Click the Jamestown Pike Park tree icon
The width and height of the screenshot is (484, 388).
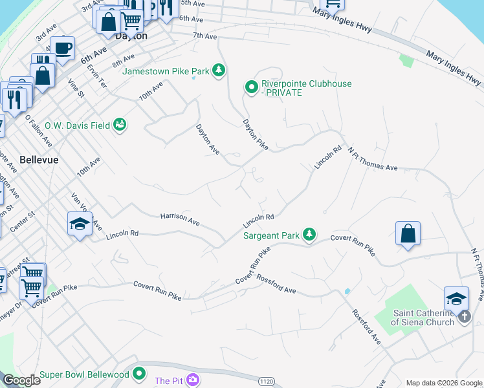pos(219,70)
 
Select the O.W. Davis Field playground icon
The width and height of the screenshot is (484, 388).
pos(120,124)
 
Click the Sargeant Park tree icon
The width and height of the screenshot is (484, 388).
pos(310,234)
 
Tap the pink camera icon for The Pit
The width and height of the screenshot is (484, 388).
pos(192,380)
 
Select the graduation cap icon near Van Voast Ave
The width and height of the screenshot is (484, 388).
pos(80,224)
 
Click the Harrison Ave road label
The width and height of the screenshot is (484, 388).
pos(180,219)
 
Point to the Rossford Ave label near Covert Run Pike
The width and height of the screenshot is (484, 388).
pos(276,284)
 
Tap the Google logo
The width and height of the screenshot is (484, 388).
pos(22,380)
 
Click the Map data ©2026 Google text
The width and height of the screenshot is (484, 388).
pos(443,383)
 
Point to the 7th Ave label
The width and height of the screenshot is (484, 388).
pos(204,36)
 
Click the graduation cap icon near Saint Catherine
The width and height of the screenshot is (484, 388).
pos(456,298)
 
